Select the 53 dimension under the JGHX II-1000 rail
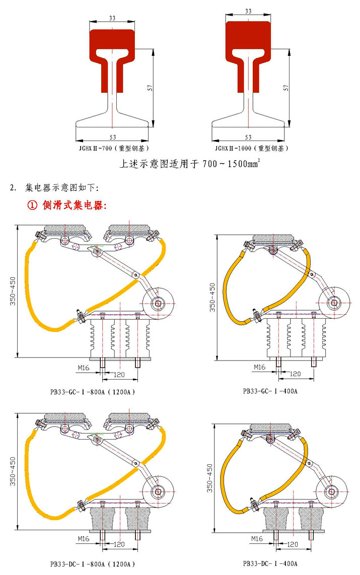pos(248,137)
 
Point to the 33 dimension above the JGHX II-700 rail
pos(112,18)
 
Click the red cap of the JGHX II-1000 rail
pos(248,38)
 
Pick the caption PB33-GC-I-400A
pos(270,391)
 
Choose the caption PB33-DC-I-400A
pos(270,563)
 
